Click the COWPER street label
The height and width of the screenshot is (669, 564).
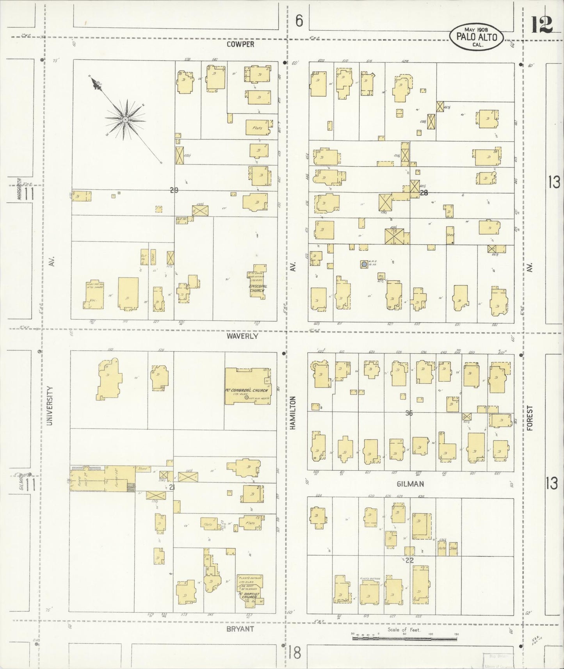(x=241, y=44)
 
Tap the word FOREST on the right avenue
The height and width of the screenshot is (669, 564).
(x=529, y=418)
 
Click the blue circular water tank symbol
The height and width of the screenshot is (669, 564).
(x=364, y=264)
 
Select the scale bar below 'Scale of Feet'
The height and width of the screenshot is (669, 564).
(x=405, y=639)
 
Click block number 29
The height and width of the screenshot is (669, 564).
(x=174, y=190)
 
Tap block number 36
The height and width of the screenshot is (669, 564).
(x=409, y=413)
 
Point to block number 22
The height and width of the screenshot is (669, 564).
(x=409, y=560)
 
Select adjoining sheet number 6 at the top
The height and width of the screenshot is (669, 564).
(x=299, y=21)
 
